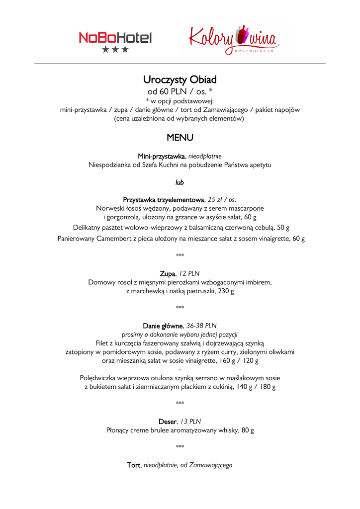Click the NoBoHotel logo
point(115,38)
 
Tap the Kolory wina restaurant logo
point(234,40)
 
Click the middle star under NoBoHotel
point(115,49)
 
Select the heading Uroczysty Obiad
point(180,80)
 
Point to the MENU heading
point(180,137)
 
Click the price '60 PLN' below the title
point(172,91)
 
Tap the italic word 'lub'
point(180,182)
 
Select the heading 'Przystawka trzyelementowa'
point(164,199)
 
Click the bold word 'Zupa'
point(168,273)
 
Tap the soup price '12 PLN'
point(189,273)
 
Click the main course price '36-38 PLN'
point(202,326)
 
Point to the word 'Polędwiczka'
point(97,378)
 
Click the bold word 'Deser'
point(168,422)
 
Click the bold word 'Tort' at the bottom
point(134,465)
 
